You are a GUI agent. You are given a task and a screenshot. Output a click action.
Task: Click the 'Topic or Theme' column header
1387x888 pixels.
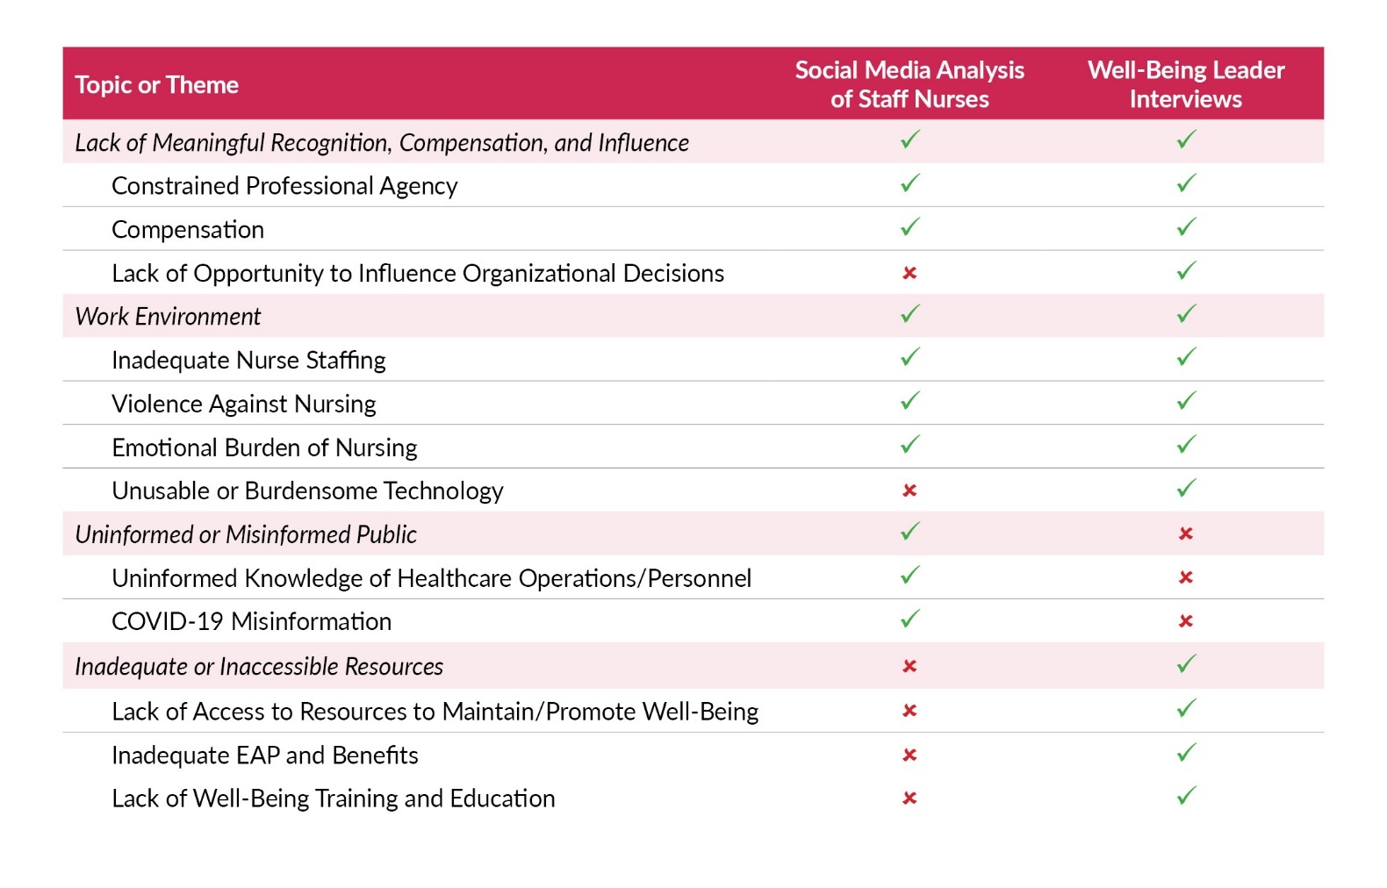(156, 85)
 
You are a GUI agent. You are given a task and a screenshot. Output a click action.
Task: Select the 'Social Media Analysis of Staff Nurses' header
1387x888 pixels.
(909, 84)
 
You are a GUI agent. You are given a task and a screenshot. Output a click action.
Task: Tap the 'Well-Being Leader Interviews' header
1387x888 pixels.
(1185, 84)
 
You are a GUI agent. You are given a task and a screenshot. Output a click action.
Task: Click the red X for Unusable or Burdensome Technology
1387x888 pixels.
(909, 491)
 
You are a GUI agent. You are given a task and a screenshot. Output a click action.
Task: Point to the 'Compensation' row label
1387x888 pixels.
(188, 230)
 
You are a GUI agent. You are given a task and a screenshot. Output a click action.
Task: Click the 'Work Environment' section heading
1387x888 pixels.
(168, 317)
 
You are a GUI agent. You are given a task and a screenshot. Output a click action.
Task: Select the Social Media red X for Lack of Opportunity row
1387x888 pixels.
(909, 273)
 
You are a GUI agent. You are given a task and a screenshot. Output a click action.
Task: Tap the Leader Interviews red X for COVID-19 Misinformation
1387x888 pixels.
(1185, 621)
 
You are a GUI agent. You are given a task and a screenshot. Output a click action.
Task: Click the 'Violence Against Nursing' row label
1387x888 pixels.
(244, 404)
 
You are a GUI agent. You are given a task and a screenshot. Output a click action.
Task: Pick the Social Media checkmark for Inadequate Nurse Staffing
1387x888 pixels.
(910, 358)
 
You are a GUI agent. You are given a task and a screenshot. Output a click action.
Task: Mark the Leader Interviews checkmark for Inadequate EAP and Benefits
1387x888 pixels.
(1186, 753)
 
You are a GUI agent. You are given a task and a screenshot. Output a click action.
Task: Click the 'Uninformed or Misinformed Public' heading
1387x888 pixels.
(246, 534)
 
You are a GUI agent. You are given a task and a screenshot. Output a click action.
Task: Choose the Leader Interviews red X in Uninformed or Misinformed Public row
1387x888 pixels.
(1185, 534)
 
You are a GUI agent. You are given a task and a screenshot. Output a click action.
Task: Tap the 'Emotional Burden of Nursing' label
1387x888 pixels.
(264, 448)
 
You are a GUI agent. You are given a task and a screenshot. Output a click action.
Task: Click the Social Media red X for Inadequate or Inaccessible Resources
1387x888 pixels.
(909, 666)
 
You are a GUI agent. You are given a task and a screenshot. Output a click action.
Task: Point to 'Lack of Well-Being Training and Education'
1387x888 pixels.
(334, 798)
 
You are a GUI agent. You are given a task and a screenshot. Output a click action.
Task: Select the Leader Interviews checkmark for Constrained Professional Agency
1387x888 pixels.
(1186, 184)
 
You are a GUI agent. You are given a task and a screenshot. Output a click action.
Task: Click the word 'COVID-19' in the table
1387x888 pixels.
(168, 621)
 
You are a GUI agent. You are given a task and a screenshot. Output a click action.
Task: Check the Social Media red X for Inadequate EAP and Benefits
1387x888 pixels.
(909, 755)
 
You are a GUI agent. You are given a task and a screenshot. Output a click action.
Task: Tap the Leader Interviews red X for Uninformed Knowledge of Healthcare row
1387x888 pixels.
(1185, 577)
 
